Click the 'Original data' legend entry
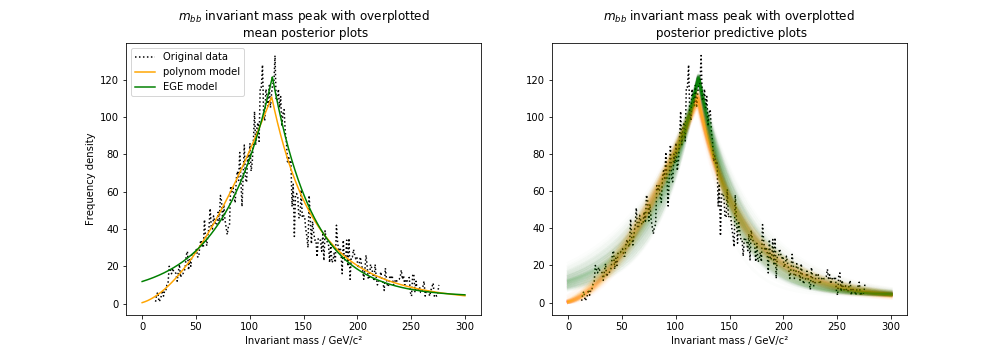[x=195, y=57]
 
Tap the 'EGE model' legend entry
[x=191, y=87]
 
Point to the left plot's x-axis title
[x=303, y=341]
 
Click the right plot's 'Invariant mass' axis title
[x=729, y=341]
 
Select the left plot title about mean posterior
[x=303, y=25]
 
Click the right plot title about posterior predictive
[x=729, y=25]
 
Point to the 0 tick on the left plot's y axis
[x=114, y=304]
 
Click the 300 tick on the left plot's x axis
[x=465, y=326]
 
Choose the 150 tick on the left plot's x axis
[x=304, y=326]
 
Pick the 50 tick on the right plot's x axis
[x=622, y=326]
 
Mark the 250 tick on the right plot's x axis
[x=838, y=326]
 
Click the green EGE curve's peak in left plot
[x=272, y=78]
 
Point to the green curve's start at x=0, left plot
[x=142, y=281]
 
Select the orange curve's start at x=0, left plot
[x=142, y=302]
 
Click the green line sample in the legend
[x=146, y=87]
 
